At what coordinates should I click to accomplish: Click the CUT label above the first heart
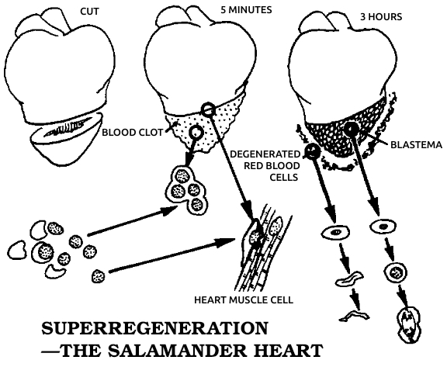(x=89, y=12)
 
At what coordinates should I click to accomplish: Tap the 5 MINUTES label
(x=246, y=10)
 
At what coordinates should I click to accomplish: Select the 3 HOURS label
(x=381, y=17)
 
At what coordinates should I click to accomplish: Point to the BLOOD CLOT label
(x=133, y=133)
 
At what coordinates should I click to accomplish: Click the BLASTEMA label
(x=416, y=145)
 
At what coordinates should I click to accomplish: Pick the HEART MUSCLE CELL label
(x=244, y=299)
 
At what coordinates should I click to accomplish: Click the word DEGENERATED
(x=265, y=154)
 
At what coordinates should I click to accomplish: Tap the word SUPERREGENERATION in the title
(x=154, y=328)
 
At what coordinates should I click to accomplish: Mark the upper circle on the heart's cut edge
(x=207, y=109)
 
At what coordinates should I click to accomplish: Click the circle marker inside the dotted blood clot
(x=196, y=132)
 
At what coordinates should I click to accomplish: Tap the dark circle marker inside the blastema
(x=352, y=130)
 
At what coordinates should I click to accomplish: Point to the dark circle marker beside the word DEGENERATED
(x=313, y=151)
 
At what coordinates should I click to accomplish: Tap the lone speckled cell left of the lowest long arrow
(x=98, y=276)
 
